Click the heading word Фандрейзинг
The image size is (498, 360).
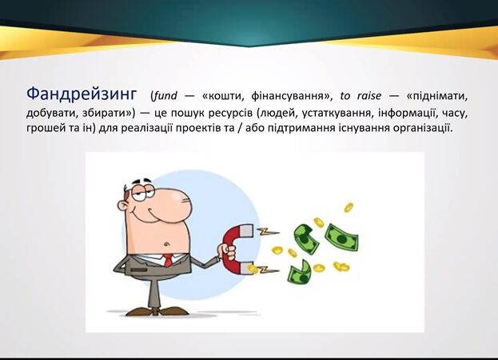click(82, 94)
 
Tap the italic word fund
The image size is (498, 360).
click(165, 96)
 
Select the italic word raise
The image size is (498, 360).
click(369, 96)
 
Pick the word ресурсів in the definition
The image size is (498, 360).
click(229, 114)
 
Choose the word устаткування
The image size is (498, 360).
click(334, 113)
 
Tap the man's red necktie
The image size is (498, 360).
click(168, 260)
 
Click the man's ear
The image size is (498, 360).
click(123, 206)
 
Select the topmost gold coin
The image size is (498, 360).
click(349, 207)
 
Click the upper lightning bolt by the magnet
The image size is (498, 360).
click(268, 232)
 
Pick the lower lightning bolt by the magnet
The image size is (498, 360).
click(268, 270)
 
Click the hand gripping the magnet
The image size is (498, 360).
click(227, 251)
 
